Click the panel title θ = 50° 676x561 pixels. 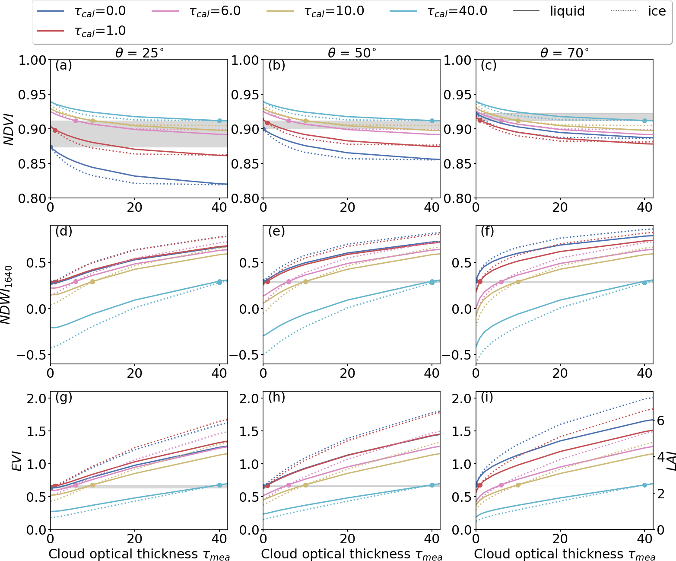(x=352, y=53)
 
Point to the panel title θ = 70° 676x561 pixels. (x=564, y=53)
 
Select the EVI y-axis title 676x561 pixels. (x=16, y=461)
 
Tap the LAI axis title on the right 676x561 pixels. (x=670, y=461)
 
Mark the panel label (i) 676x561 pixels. (x=487, y=397)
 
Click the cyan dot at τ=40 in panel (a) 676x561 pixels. (x=219, y=121)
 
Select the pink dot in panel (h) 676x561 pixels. (x=289, y=485)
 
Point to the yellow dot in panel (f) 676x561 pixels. (x=518, y=282)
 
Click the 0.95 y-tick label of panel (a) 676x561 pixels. (x=32, y=95)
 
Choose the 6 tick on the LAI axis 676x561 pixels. (x=661, y=421)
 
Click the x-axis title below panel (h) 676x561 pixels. (x=352, y=555)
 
